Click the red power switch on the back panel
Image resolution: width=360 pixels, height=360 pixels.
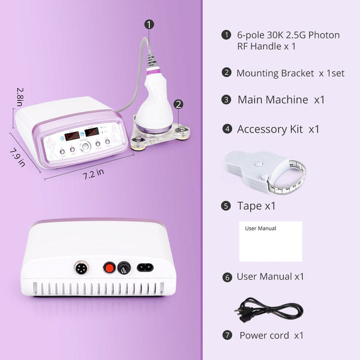pos(109,268)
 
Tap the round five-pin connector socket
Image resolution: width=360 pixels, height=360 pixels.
pos(82,268)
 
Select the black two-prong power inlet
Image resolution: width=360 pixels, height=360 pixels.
pos(145,268)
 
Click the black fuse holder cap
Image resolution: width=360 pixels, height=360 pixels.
pos(124,268)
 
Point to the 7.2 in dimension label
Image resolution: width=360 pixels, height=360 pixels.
pos(93,174)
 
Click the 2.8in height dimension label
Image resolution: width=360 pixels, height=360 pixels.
pos(20,97)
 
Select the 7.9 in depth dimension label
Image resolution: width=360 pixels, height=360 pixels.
pos(17,157)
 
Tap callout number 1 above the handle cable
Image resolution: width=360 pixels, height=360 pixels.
pos(149,25)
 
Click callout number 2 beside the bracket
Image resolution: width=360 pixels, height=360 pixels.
pos(178,104)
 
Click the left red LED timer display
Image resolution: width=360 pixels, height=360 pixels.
pos(72,136)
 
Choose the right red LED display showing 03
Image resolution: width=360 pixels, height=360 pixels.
pos(92,132)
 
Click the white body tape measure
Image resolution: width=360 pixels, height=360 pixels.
pos(263,171)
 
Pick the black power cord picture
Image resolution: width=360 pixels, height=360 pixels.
pos(269,310)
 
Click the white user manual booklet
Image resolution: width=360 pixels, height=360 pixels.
pos(271,241)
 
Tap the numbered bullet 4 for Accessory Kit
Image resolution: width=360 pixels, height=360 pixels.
pos(227,129)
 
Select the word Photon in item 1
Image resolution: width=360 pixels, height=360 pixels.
pos(324,35)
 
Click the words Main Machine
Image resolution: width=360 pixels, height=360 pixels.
pos(273,100)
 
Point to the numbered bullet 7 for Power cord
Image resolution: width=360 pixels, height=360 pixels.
pos(227,335)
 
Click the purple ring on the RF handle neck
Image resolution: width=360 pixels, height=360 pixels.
pos(154,73)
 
